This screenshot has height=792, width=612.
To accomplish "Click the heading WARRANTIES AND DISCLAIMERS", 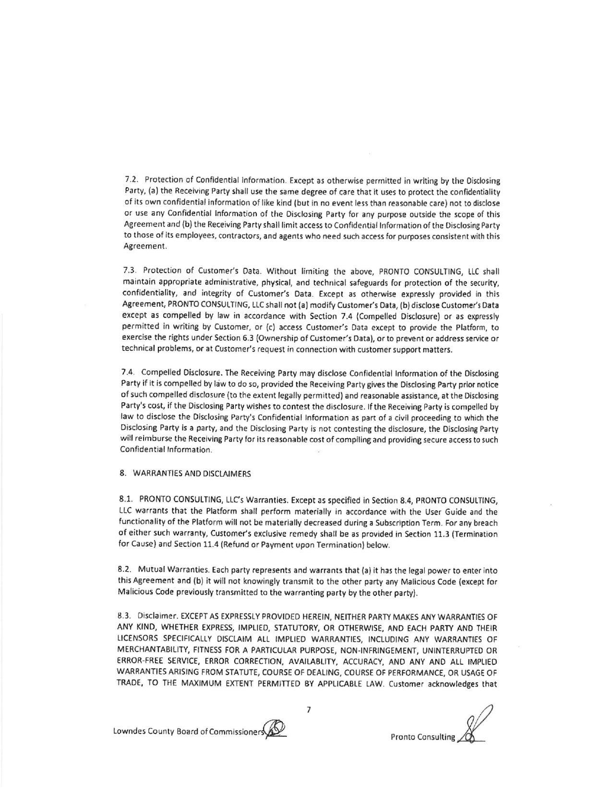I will click(x=192, y=474).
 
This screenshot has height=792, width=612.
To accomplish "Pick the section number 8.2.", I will click(x=125, y=570).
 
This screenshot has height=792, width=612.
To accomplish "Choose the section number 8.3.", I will click(x=125, y=615).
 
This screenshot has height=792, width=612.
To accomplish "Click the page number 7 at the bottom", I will click(x=309, y=709).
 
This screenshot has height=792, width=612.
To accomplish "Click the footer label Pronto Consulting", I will click(x=422, y=737).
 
